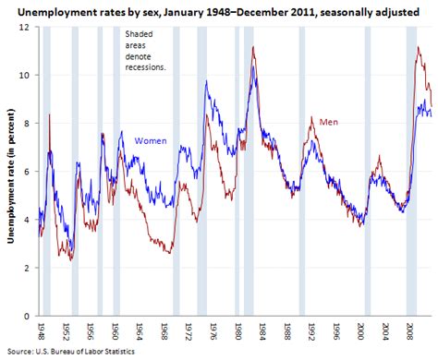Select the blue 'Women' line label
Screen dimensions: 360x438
151,141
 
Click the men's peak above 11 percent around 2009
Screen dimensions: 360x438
419,47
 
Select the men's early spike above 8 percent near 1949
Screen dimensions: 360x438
49,115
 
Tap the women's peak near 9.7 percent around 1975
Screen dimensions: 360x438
206,82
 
